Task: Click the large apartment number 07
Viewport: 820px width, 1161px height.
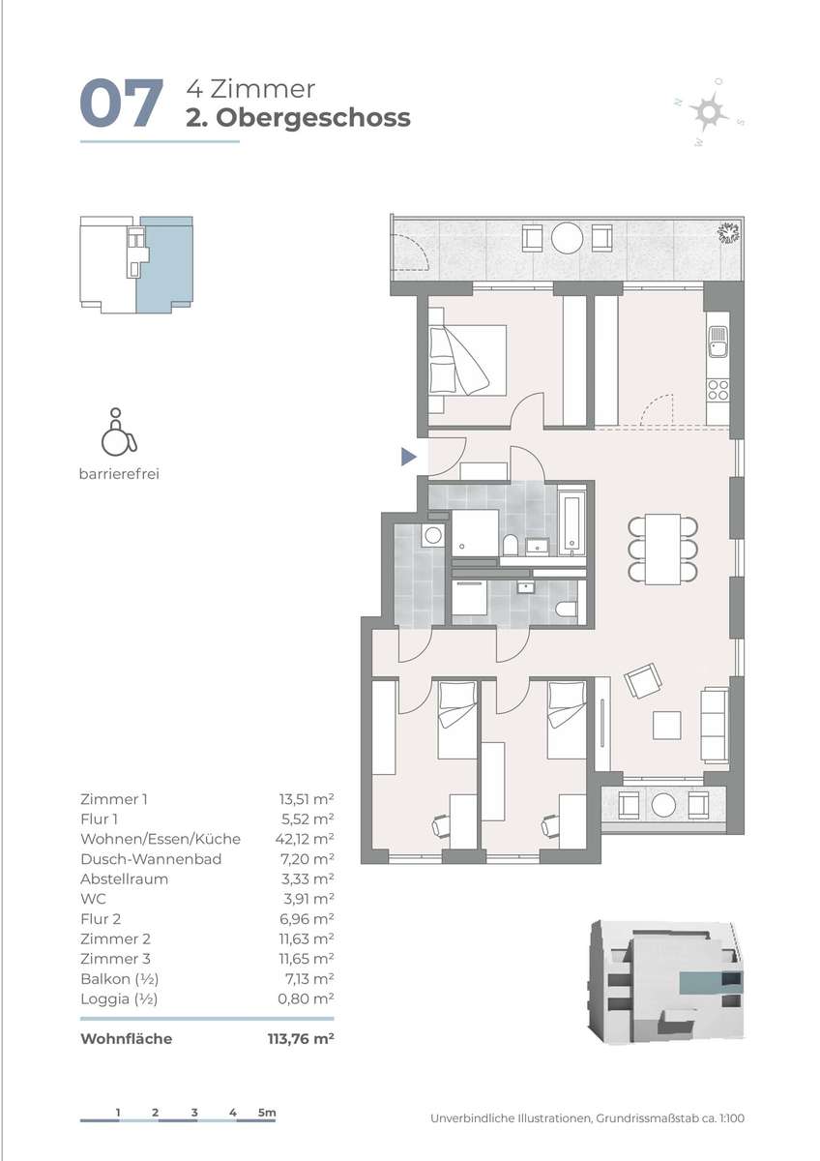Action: coord(121,104)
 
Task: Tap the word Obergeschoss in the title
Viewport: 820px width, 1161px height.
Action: coord(313,118)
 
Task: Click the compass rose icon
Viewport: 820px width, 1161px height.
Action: coord(708,112)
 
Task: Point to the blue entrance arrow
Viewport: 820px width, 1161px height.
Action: coord(409,457)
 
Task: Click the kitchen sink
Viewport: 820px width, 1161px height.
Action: coord(718,342)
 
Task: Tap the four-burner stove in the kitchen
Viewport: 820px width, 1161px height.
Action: coord(718,390)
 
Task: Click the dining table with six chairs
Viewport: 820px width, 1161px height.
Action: coord(662,549)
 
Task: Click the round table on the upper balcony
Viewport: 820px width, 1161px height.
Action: coord(568,238)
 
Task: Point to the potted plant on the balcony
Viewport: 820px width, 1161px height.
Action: coord(729,233)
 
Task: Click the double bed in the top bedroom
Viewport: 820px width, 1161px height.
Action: coord(467,361)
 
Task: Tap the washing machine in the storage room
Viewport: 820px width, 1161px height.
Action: coord(433,534)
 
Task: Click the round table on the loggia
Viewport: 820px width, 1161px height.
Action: coord(663,805)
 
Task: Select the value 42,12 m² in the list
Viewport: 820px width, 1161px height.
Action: coord(305,839)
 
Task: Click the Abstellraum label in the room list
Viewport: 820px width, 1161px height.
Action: coord(125,879)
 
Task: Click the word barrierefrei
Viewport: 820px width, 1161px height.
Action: coord(119,474)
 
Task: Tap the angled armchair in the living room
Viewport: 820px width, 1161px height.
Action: coord(643,680)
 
